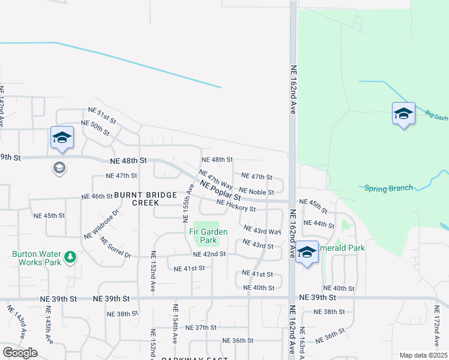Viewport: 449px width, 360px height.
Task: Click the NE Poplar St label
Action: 221,191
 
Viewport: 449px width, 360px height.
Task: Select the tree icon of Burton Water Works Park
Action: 71,257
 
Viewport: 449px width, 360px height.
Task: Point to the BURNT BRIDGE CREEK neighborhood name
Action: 146,199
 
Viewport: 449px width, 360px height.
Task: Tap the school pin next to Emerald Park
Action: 307,253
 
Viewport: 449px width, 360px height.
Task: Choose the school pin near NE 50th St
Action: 62,138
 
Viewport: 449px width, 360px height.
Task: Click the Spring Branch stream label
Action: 389,188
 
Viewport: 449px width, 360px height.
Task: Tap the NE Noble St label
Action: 256,191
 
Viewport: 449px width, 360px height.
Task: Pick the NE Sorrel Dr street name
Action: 116,247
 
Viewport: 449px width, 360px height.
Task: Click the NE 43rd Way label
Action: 262,230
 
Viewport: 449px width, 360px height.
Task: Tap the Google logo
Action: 20,353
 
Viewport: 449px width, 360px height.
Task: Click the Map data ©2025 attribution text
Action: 423,355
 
